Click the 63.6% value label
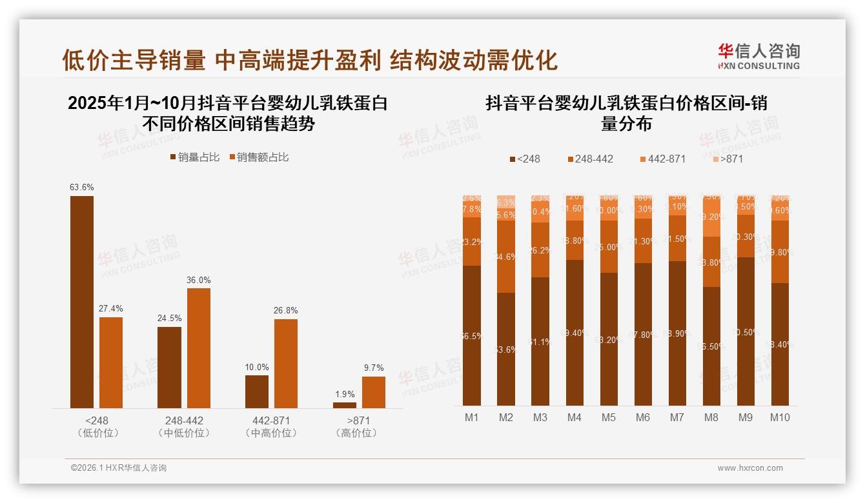coord(82,187)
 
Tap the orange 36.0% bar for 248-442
coord(199,348)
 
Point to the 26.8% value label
coord(286,310)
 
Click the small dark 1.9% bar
coord(345,405)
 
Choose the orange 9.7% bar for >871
coord(374,392)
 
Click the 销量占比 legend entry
coord(194,157)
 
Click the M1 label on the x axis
coord(472,417)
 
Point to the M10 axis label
coord(780,417)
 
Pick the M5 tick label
coord(609,417)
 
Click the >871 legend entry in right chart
coord(728,159)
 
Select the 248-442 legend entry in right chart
coord(590,159)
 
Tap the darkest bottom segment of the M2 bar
coord(506,349)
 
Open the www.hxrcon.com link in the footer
coord(750,468)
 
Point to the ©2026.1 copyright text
coord(119,468)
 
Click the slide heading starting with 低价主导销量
coord(310,60)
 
